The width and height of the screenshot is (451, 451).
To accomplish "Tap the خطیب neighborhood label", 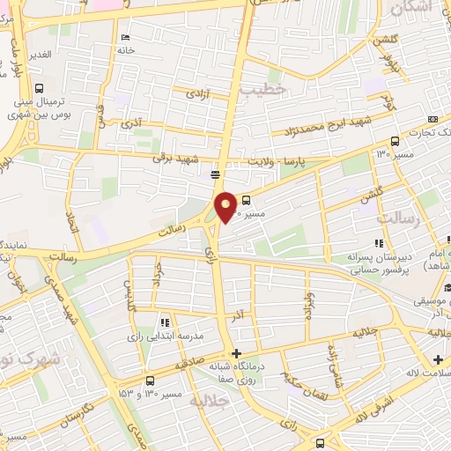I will (x=270, y=89).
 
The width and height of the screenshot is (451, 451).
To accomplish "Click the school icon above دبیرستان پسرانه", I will (x=379, y=243).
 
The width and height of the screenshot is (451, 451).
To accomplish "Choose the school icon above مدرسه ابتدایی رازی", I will (x=165, y=322).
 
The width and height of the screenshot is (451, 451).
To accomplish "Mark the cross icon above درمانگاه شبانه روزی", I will (x=235, y=352).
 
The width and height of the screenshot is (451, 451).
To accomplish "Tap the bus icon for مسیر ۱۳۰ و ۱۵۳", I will (x=151, y=381).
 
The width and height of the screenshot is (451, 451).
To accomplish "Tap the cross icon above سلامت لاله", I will (x=438, y=359).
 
